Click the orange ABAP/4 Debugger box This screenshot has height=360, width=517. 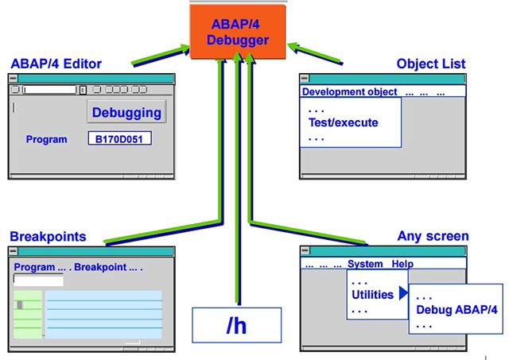pyautogui.click(x=238, y=32)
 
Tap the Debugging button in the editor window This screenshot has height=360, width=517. pyautogui.click(x=126, y=112)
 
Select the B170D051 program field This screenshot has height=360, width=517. pyautogui.click(x=119, y=138)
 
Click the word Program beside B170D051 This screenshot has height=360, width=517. pyautogui.click(x=46, y=139)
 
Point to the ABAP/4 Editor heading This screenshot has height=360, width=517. pyautogui.click(x=56, y=64)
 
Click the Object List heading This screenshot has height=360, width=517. pyautogui.click(x=431, y=64)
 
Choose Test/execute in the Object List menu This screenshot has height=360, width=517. pyautogui.click(x=344, y=122)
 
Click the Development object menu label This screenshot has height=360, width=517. pyautogui.click(x=349, y=91)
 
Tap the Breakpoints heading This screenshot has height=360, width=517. pyautogui.click(x=49, y=237)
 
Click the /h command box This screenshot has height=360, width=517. pyautogui.click(x=237, y=325)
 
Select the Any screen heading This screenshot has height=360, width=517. pyautogui.click(x=433, y=236)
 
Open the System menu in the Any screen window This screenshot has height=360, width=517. pyautogui.click(x=365, y=264)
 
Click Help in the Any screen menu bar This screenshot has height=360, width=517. pyautogui.click(x=402, y=264)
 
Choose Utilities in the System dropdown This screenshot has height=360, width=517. pyautogui.click(x=372, y=295)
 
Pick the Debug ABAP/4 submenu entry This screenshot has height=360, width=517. pyautogui.click(x=457, y=310)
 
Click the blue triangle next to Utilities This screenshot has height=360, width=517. pyautogui.click(x=403, y=292)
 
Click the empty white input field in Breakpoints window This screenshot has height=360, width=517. pyautogui.click(x=38, y=280)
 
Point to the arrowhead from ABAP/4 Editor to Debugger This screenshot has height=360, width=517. pyautogui.click(x=183, y=50)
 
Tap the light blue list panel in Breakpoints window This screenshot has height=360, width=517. pyautogui.click(x=103, y=314)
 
